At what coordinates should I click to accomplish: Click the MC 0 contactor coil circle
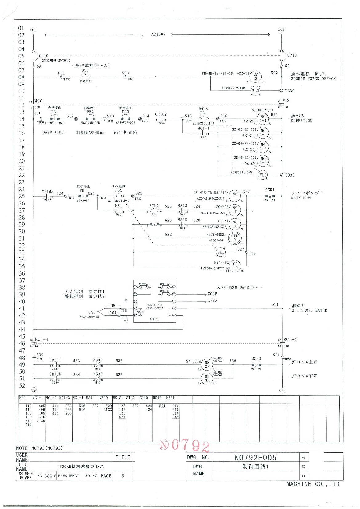[x=256, y=77]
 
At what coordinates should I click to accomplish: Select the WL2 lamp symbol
[x=255, y=91]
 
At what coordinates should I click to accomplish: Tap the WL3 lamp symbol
[x=262, y=175]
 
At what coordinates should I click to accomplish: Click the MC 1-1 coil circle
[x=263, y=119]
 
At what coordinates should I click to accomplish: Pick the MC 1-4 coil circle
[x=263, y=161]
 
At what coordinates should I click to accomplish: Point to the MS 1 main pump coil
[x=235, y=196]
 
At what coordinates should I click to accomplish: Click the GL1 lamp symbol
[x=221, y=252]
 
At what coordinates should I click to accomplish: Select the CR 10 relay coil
[x=235, y=266]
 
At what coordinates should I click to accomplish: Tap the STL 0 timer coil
[x=234, y=238]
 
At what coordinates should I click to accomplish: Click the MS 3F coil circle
[x=207, y=364]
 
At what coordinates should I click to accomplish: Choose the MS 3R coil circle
[x=207, y=378]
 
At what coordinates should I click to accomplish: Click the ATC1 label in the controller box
[x=154, y=319]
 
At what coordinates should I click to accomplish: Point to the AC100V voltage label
[x=158, y=34]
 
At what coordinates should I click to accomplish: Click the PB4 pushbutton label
[x=203, y=113]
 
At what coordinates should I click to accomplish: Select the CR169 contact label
[x=161, y=114]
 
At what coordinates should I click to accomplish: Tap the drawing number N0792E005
[x=255, y=458]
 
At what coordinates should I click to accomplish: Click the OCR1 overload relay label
[x=270, y=190]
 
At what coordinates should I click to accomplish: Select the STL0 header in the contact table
[x=130, y=398]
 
